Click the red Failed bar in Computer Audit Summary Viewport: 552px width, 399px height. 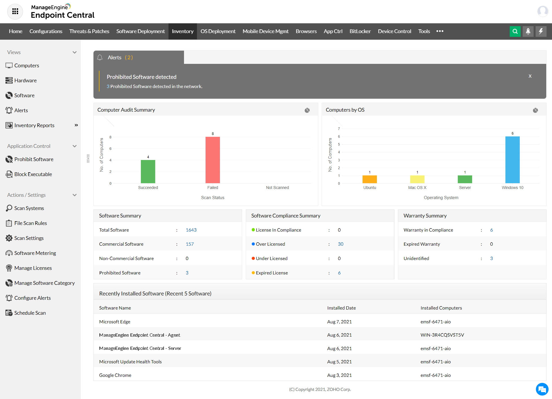pos(212,160)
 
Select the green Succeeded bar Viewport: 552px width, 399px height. pos(148,171)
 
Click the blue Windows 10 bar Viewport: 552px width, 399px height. pos(512,160)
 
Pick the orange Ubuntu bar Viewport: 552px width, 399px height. pos(369,179)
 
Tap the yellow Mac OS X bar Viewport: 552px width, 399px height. pos(417,179)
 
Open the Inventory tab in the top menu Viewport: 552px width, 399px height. pos(183,31)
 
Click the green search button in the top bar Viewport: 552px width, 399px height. pos(515,31)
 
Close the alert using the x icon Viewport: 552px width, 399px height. pos(530,76)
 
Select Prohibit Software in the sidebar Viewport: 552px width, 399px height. pos(34,159)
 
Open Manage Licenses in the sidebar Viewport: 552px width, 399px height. pos(33,268)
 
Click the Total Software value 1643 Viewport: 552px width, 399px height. pos(191,230)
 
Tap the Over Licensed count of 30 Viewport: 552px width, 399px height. pos(340,244)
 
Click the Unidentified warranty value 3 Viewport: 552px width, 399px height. pos(491,259)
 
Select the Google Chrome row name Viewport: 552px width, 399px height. pos(115,375)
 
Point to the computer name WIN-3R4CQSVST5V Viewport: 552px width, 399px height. pos(442,335)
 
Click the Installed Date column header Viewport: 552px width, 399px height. pos(341,308)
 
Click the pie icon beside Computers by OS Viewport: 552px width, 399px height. pos(535,110)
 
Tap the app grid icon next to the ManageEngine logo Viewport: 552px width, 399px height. pos(15,12)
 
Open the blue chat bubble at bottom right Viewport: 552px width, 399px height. pos(542,389)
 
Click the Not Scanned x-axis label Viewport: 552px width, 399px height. pos(277,188)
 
